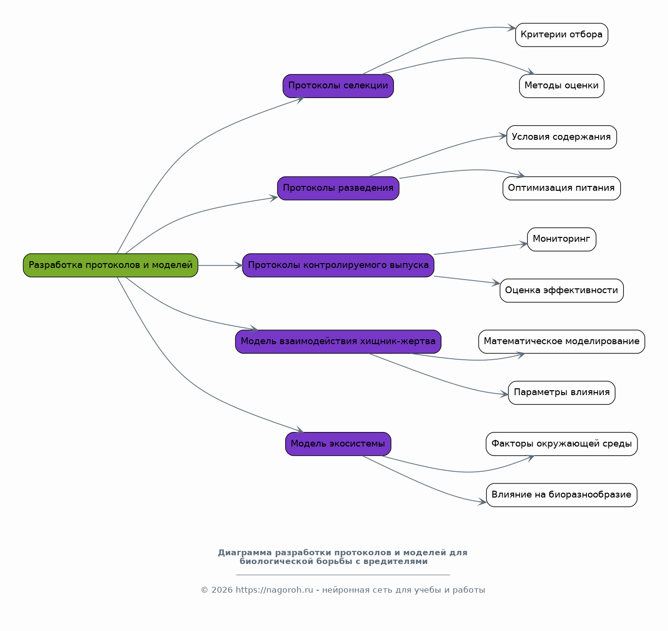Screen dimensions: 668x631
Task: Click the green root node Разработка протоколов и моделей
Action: pyautogui.click(x=110, y=266)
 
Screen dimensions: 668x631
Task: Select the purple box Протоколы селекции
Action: pyautogui.click(x=338, y=86)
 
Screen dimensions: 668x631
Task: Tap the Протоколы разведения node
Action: pyautogui.click(x=338, y=188)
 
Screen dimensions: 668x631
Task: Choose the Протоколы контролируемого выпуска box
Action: pyautogui.click(x=338, y=266)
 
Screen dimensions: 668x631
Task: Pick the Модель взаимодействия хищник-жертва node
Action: pyautogui.click(x=338, y=341)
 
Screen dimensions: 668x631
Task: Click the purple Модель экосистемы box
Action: pyautogui.click(x=338, y=444)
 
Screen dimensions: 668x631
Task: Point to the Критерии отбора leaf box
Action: pyautogui.click(x=561, y=34)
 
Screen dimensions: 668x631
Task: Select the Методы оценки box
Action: pyautogui.click(x=561, y=86)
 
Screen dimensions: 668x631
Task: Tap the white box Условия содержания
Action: pyautogui.click(x=561, y=137)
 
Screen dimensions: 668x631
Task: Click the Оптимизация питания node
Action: pyautogui.click(x=561, y=188)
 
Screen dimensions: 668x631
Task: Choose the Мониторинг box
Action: pyautogui.click(x=561, y=239)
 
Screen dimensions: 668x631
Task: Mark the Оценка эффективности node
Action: pyautogui.click(x=561, y=290)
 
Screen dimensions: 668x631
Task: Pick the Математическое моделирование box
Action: pyautogui.click(x=561, y=341)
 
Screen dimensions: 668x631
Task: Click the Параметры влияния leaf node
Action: pyautogui.click(x=561, y=393)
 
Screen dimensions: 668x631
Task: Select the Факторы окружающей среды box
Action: pyautogui.click(x=561, y=444)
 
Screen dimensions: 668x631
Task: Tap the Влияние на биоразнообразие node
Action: pyautogui.click(x=561, y=495)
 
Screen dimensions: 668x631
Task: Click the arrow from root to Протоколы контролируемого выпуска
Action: pyautogui.click(x=220, y=266)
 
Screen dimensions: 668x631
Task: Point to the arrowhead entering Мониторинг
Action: pyautogui.click(x=524, y=245)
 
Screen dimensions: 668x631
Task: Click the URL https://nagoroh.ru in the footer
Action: pyautogui.click(x=274, y=590)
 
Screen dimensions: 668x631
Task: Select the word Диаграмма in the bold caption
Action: pyautogui.click(x=244, y=552)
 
